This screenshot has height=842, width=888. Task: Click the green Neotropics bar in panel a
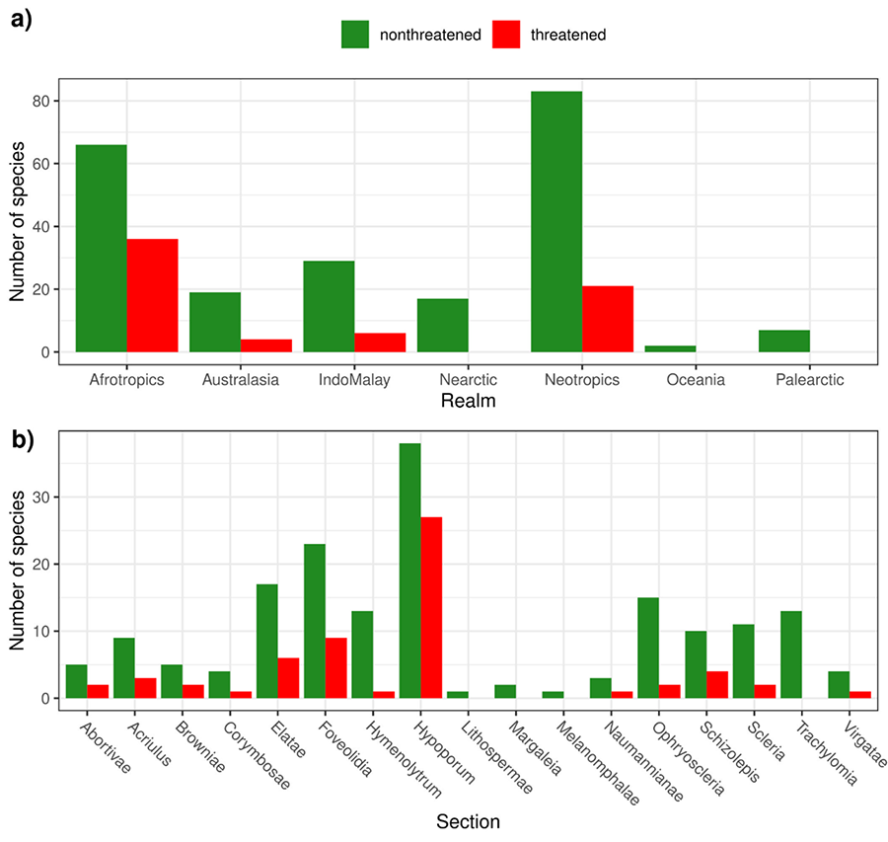tap(556, 222)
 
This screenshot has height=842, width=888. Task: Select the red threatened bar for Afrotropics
tap(152, 295)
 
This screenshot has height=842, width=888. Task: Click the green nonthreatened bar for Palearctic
tap(783, 342)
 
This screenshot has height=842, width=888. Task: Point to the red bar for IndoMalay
tap(380, 343)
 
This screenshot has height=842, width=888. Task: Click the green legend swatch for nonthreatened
tap(355, 35)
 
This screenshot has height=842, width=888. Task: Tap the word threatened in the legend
tap(567, 35)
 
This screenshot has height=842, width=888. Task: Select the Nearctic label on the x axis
tap(469, 379)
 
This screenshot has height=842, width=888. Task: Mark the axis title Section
tap(468, 821)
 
